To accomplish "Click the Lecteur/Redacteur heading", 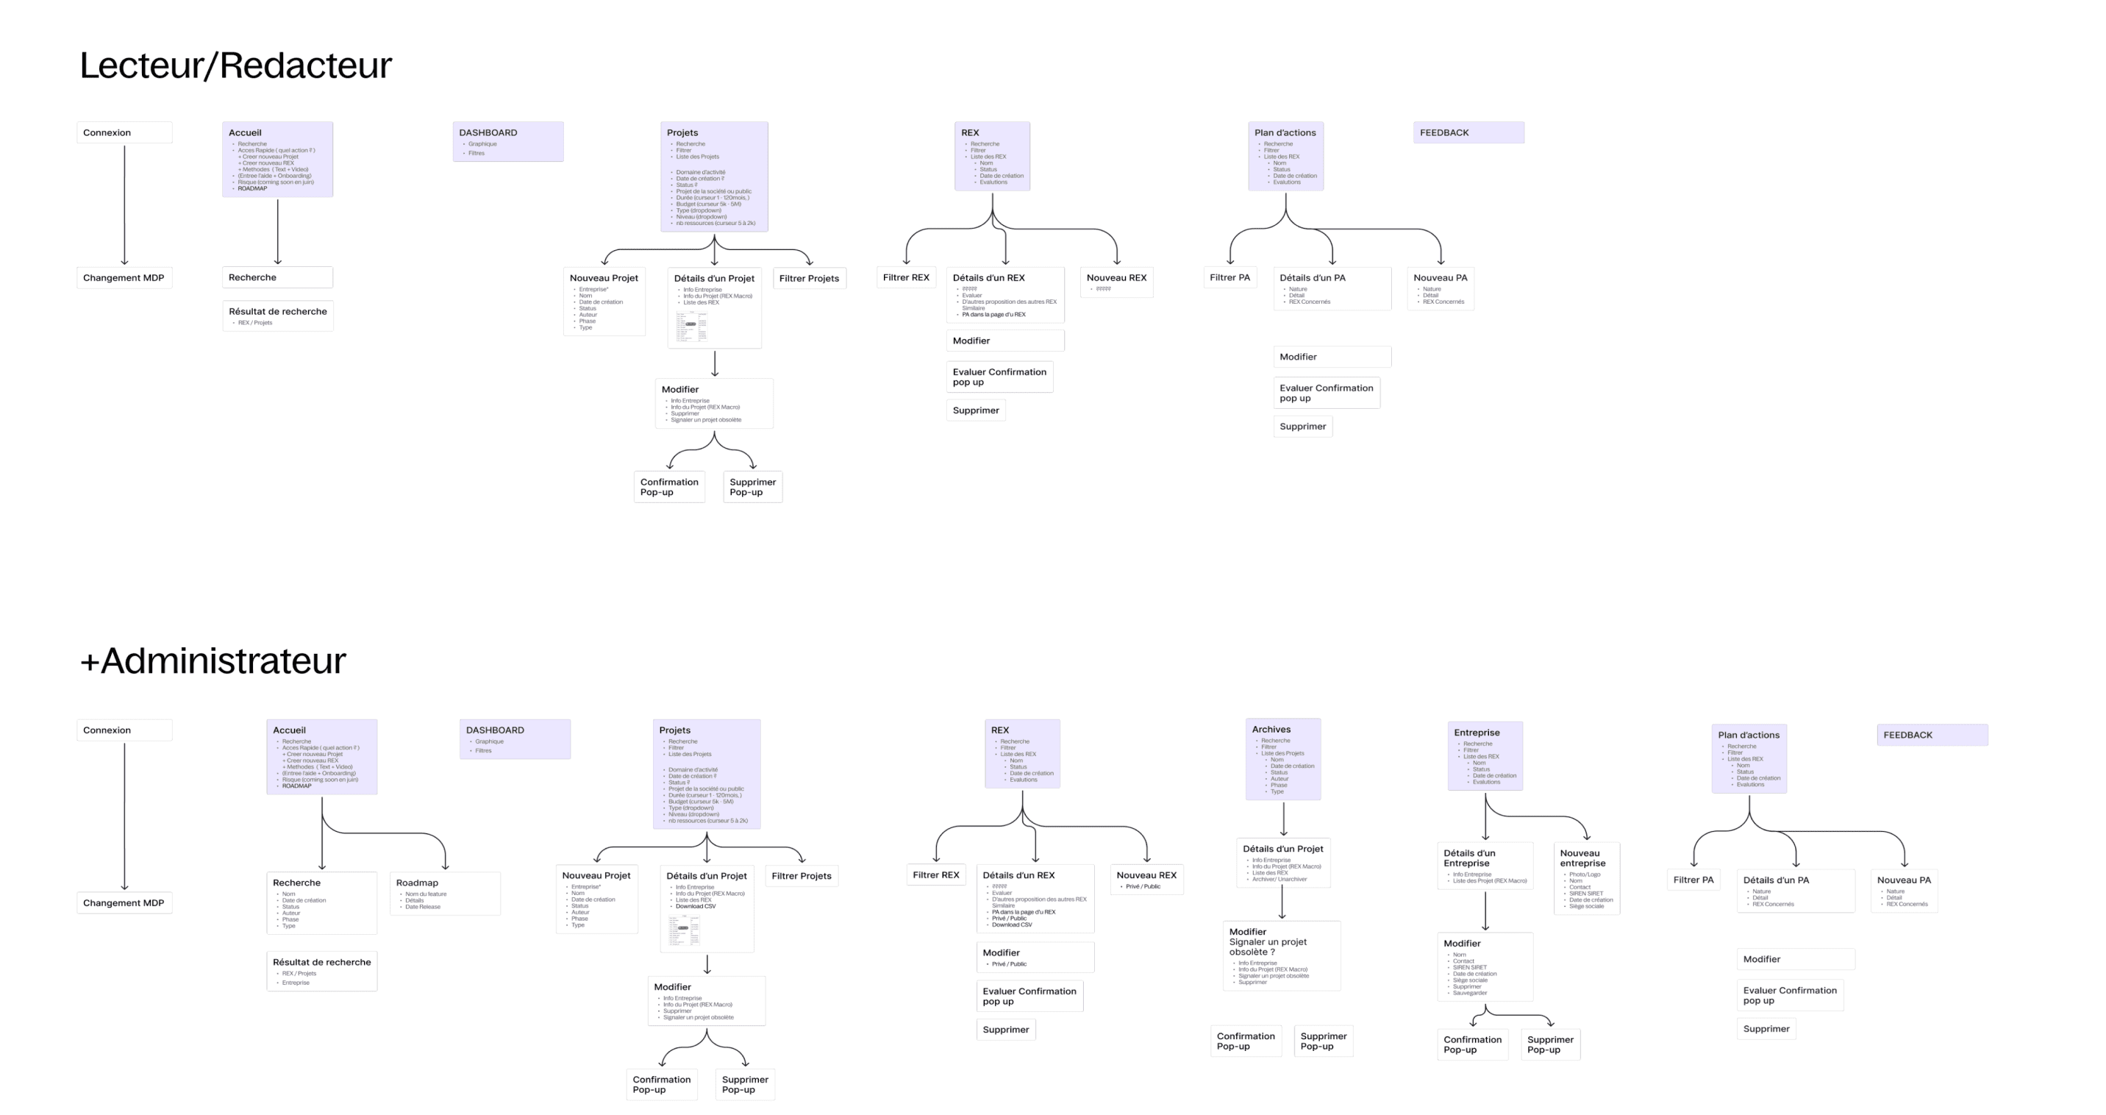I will click(235, 65).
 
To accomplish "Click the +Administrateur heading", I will click(213, 660).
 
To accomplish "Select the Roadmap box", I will click(445, 894).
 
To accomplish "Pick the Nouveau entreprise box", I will click(1586, 878).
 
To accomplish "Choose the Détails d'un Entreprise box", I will click(1485, 866).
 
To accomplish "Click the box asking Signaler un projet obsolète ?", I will click(1281, 955).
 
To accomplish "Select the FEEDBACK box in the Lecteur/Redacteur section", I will click(1468, 132).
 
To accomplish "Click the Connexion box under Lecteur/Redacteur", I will click(124, 132).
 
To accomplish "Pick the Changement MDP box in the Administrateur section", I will click(124, 902).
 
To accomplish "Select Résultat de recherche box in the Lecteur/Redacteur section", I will click(277, 316).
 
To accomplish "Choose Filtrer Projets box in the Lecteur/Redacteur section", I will click(809, 278).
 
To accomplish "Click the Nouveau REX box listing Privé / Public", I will click(1146, 879).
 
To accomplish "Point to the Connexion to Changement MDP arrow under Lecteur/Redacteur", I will click(124, 204).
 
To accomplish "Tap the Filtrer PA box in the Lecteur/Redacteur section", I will click(1229, 277).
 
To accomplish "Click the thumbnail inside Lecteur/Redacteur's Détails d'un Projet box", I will click(692, 325).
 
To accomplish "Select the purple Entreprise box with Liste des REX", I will click(1485, 755).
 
